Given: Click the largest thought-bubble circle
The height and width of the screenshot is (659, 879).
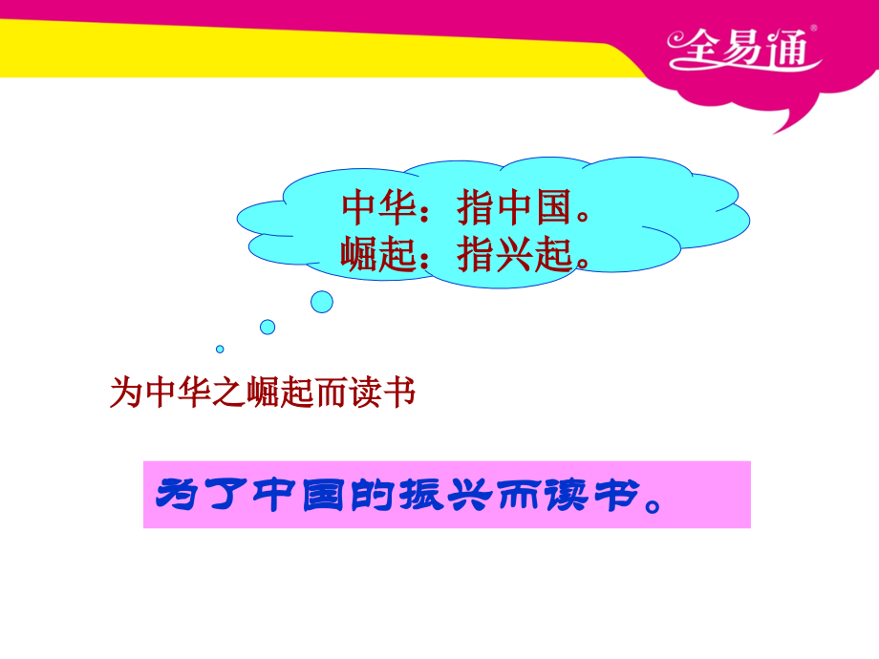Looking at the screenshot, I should [322, 302].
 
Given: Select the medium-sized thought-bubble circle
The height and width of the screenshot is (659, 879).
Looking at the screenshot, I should [268, 327].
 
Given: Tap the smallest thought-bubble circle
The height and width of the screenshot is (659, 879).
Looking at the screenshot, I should [220, 349].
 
